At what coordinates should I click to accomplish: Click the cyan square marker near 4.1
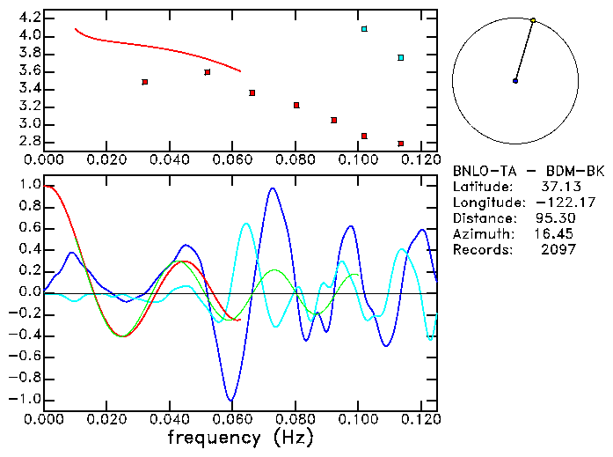tap(364, 29)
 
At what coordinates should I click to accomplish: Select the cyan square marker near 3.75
tap(400, 58)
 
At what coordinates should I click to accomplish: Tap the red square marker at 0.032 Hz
tap(144, 82)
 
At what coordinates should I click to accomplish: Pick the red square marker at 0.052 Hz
tap(207, 72)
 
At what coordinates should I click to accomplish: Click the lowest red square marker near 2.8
tap(400, 144)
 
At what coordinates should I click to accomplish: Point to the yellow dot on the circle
tap(533, 19)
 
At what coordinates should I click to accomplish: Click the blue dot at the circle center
tap(515, 81)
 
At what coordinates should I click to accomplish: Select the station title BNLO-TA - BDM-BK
tap(529, 172)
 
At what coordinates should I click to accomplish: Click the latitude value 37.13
tap(558, 187)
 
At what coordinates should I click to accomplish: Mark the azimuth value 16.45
tap(554, 234)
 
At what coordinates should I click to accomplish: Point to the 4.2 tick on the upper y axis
tap(29, 18)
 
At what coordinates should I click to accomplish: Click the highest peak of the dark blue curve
tap(273, 188)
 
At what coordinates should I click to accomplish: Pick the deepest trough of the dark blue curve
tap(231, 400)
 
